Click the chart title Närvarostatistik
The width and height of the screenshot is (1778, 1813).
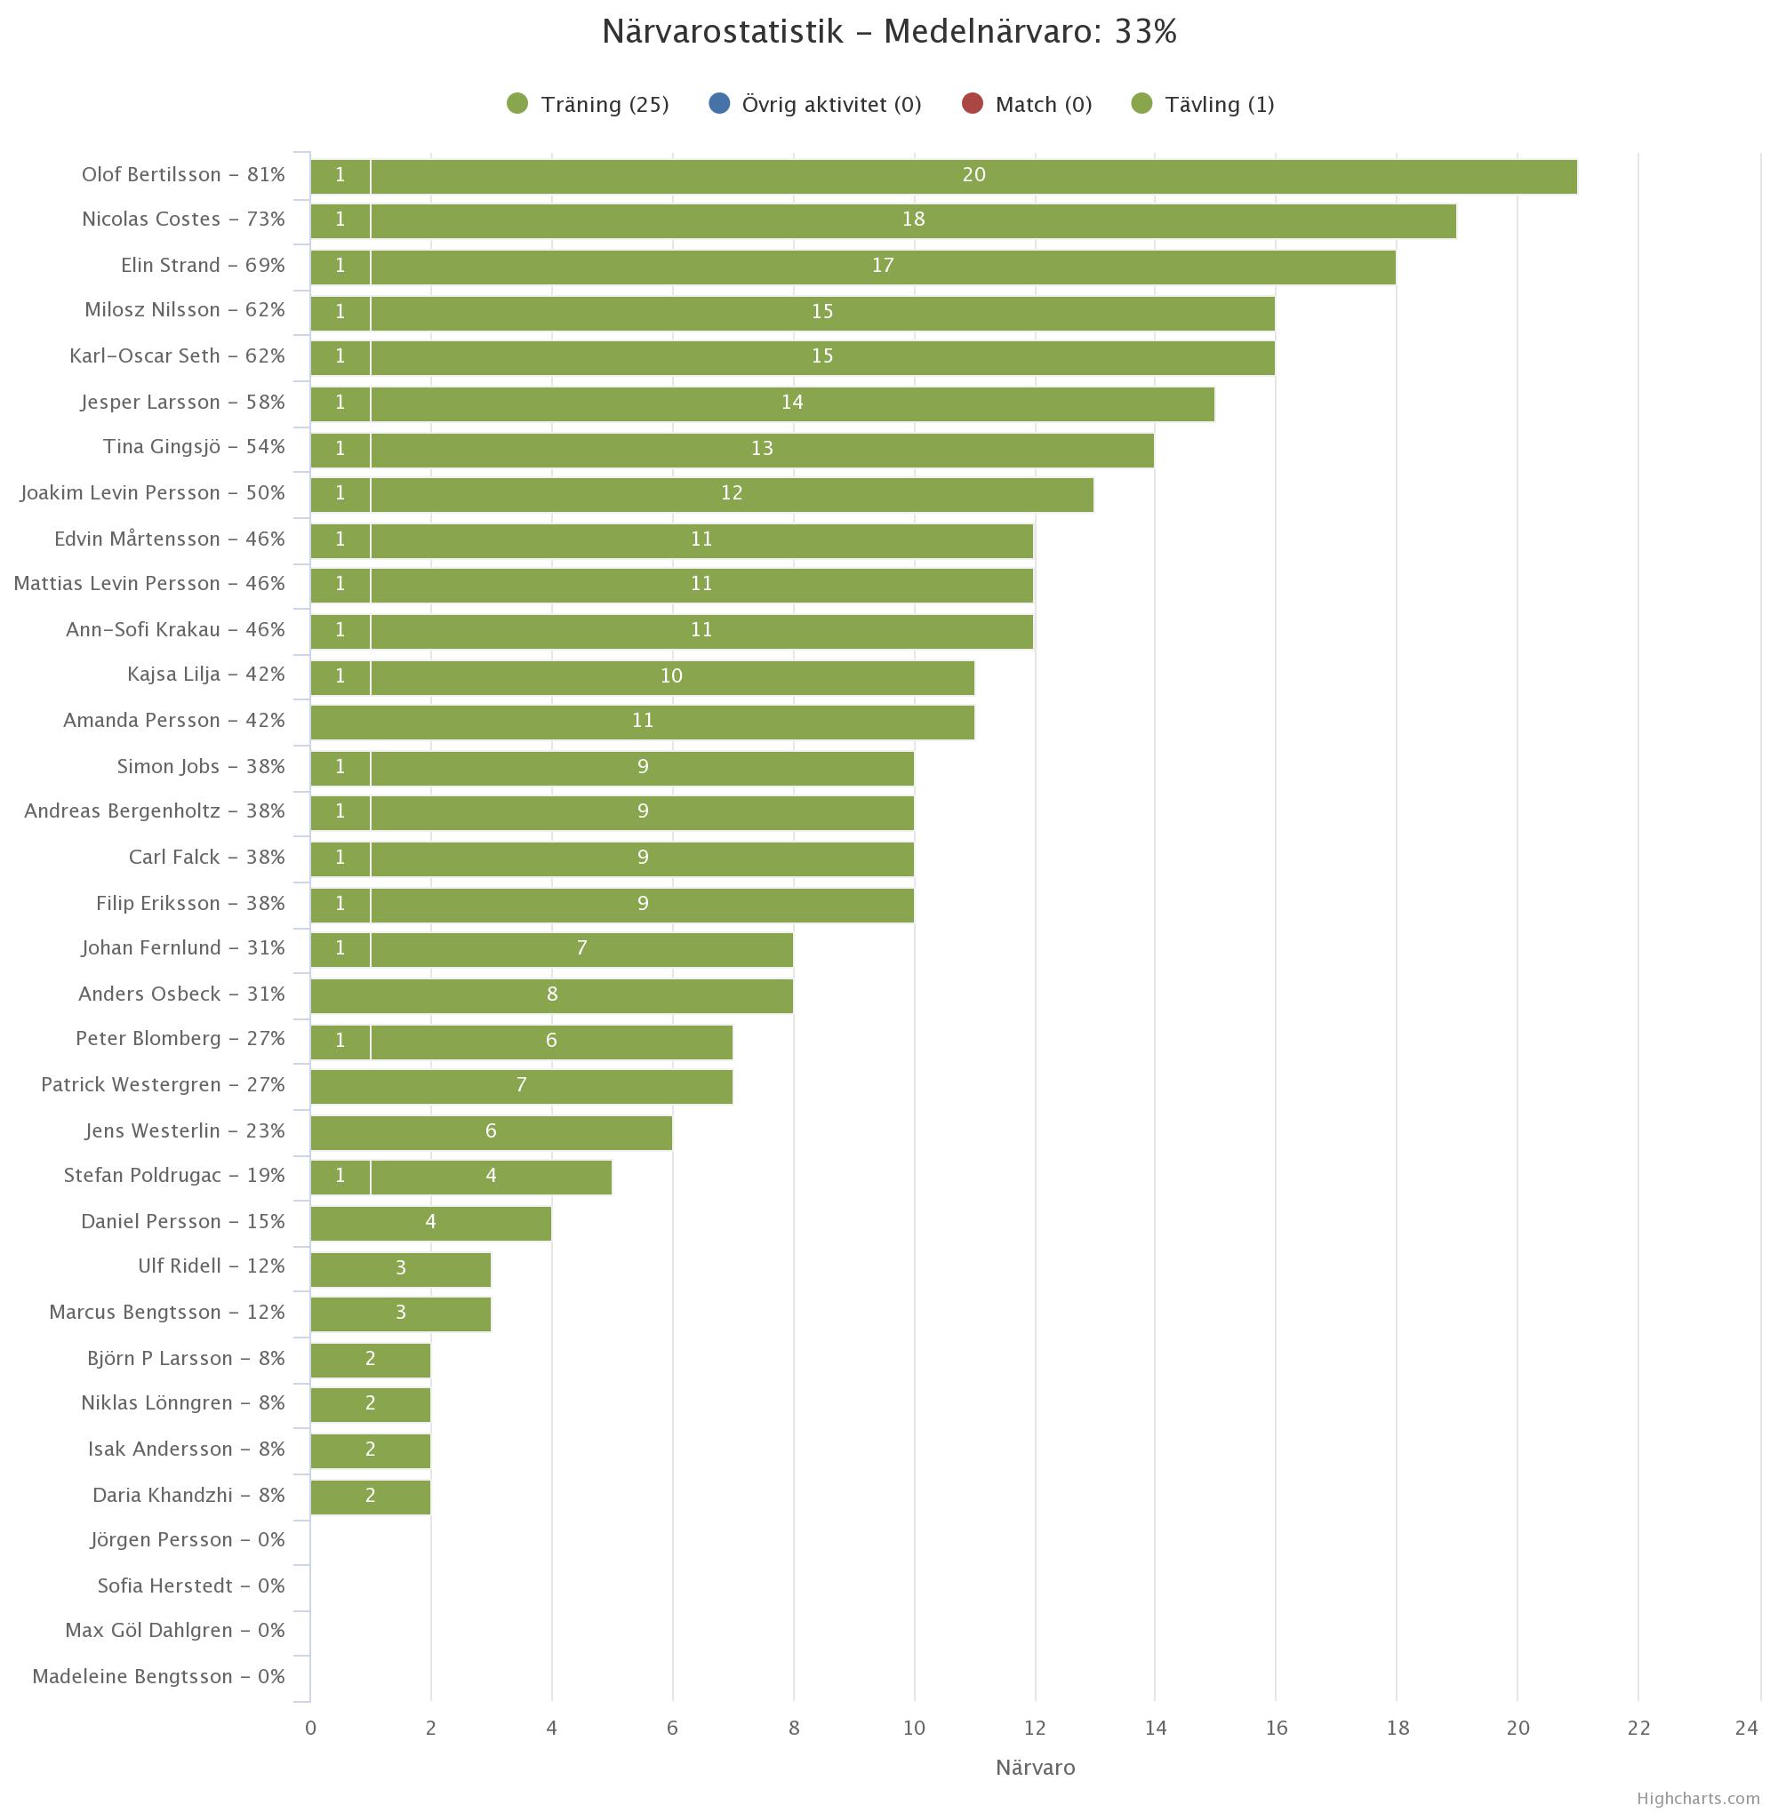888,33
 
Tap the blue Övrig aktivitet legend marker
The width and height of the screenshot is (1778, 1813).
719,104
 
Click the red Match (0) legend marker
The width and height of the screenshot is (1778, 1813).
972,104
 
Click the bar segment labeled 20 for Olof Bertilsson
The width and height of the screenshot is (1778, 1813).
973,175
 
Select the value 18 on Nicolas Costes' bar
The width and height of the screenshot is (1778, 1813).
912,220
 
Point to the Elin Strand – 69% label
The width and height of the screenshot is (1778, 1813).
203,265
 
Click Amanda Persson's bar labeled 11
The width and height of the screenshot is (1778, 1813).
642,721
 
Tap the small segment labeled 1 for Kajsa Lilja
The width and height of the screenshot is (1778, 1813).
340,676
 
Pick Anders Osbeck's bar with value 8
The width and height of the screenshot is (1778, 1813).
551,994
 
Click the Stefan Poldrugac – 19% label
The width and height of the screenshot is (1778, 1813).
173,1176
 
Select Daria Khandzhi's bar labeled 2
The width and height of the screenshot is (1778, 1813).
370,1496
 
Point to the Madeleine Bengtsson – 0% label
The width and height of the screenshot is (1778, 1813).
158,1677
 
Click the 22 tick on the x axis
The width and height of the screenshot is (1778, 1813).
1638,1728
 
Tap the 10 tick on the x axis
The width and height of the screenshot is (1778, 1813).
913,1728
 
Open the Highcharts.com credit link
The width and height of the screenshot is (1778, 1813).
1697,1798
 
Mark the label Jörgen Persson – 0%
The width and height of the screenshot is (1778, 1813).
187,1540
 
